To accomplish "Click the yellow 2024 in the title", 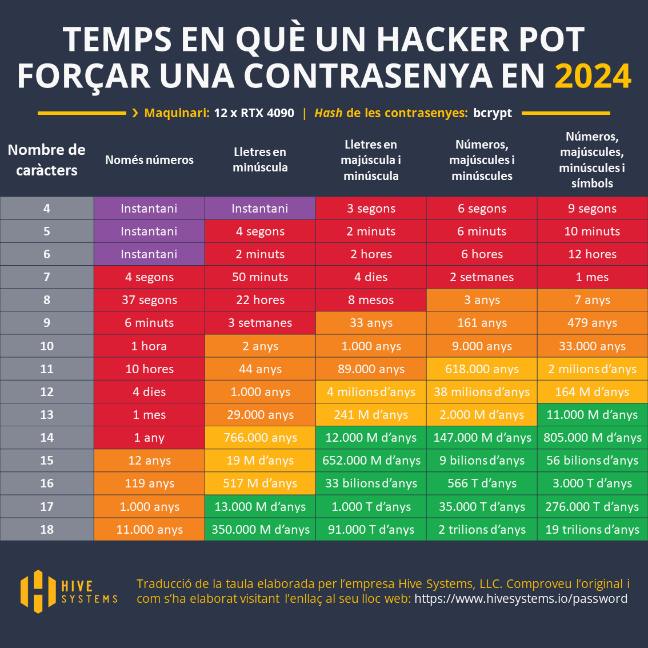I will click(593, 76).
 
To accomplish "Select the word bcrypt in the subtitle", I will click(493, 113).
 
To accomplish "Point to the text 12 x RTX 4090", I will click(254, 113).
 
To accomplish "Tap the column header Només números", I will click(149, 160).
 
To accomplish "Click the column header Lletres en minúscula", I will click(260, 160).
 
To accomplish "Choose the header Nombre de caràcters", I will click(47, 160).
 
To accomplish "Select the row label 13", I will click(47, 415).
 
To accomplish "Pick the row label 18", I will click(47, 530).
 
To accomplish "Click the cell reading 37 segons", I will click(149, 300).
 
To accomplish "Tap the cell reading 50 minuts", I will click(260, 277).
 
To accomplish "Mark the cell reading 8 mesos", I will click(371, 300).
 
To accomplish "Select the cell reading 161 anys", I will click(482, 323).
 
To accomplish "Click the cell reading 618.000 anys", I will click(482, 369).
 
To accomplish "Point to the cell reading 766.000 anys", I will click(260, 438).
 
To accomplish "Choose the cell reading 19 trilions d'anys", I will click(592, 530).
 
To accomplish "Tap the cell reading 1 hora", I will click(149, 346).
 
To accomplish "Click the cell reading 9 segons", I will click(592, 209).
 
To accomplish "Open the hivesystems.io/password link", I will click(521, 599).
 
